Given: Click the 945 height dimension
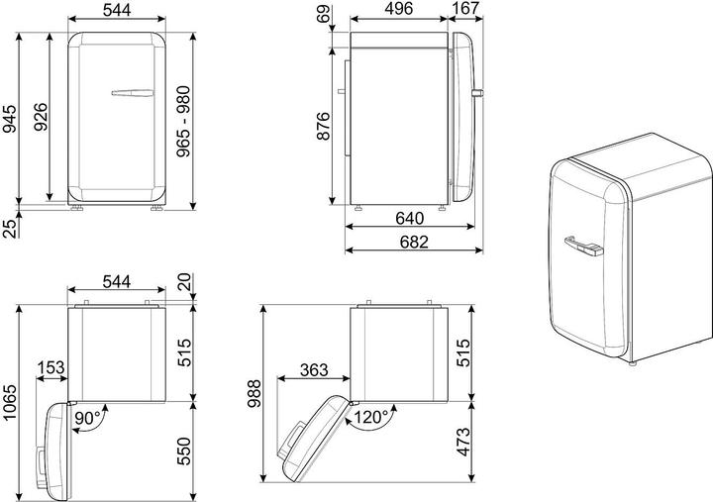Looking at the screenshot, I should pos(10,118).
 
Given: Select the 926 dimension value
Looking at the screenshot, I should pos(41,118).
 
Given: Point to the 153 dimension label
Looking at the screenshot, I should pos(51,368).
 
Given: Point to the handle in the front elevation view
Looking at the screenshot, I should pos(130,93).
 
